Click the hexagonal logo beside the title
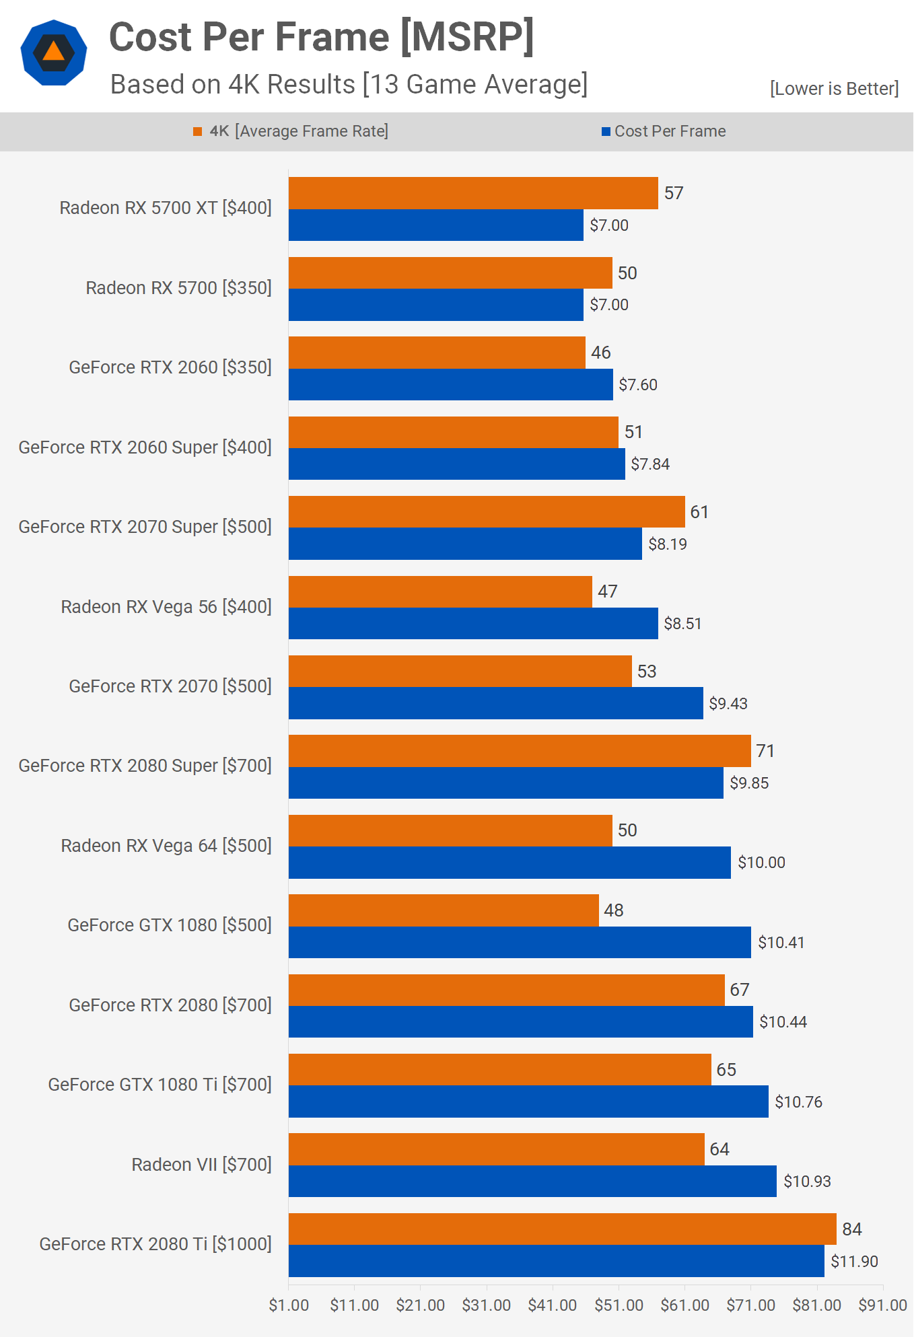(x=54, y=52)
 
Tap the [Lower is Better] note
(x=834, y=88)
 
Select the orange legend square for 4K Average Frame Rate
(x=197, y=131)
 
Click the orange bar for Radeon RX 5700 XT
(x=472, y=193)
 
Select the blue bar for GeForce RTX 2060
(x=450, y=384)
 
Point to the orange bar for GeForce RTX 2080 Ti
(x=562, y=1229)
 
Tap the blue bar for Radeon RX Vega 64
(x=509, y=862)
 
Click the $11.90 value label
(x=854, y=1261)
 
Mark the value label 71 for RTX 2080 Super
(x=765, y=750)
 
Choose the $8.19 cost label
(x=667, y=544)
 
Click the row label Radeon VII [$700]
(x=201, y=1164)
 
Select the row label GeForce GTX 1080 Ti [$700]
(x=160, y=1084)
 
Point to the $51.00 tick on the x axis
(x=619, y=1305)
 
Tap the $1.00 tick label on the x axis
(x=289, y=1305)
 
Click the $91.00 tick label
(x=882, y=1305)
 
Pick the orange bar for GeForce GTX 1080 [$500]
(x=444, y=910)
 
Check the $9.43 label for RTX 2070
(x=728, y=703)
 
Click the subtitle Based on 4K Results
(x=348, y=84)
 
